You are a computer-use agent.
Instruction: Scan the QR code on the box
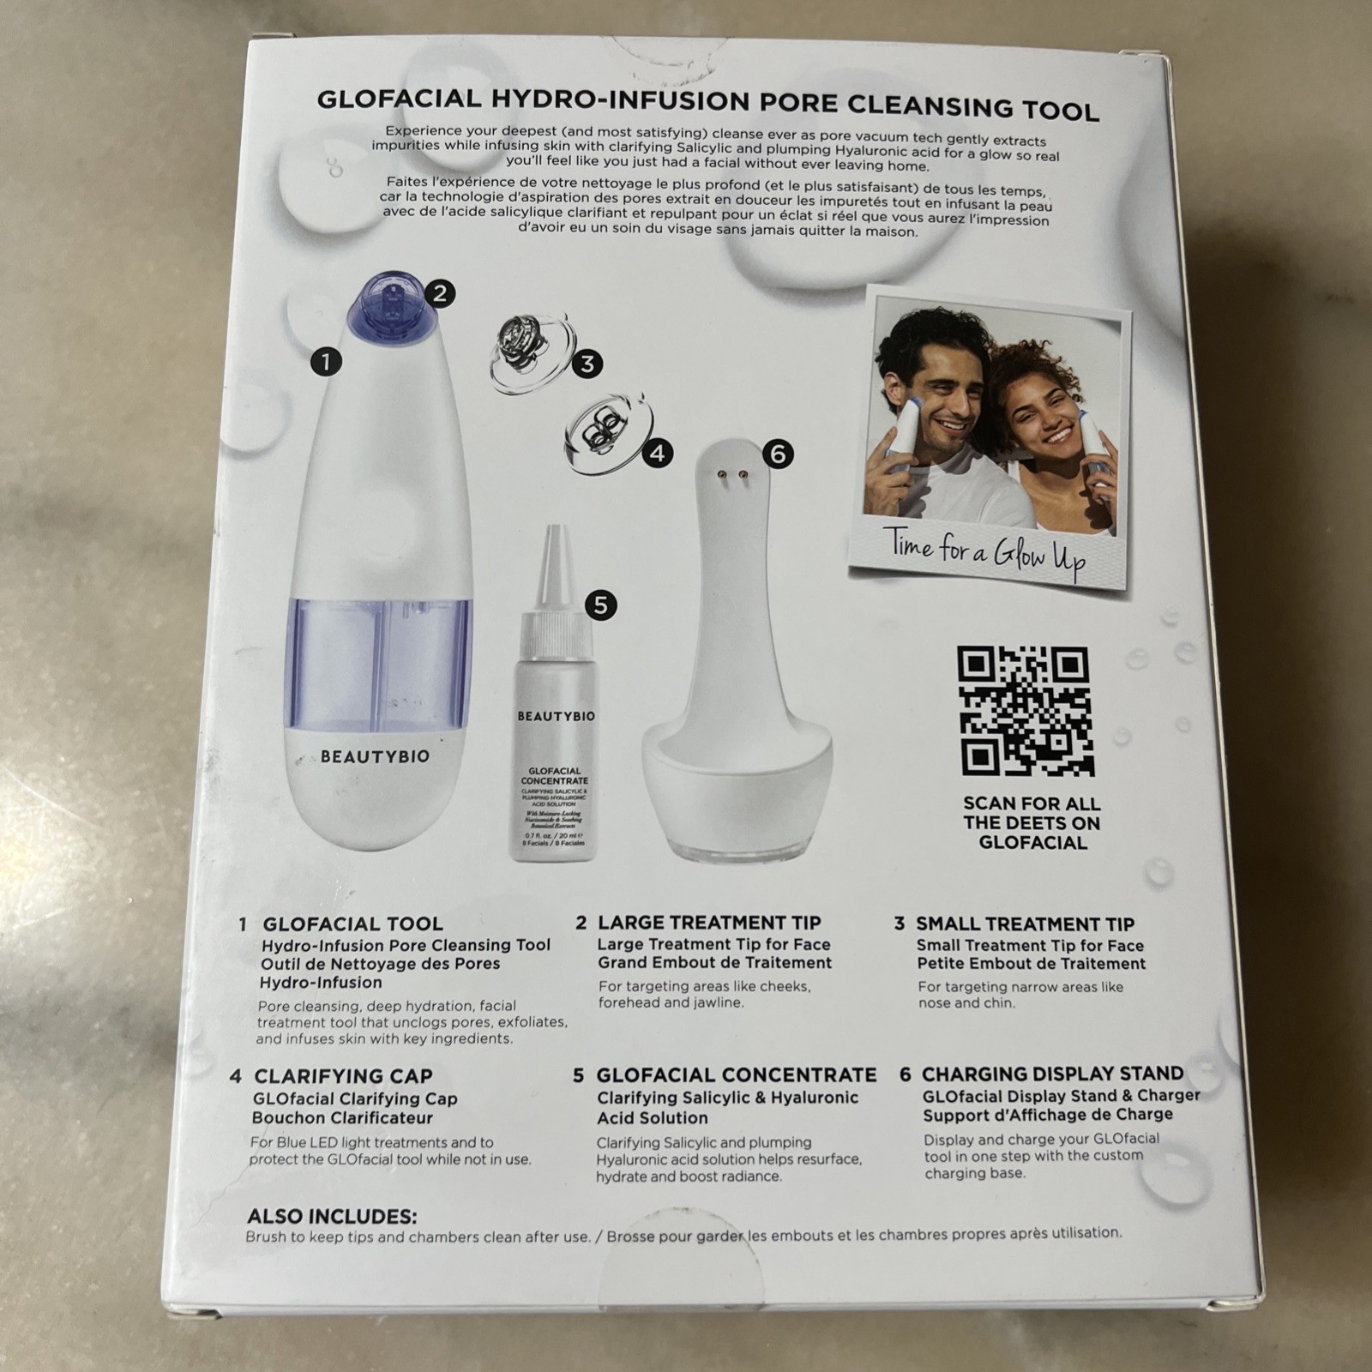point(1026,712)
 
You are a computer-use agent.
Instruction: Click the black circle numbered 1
point(326,361)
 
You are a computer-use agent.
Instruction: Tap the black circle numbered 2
point(439,294)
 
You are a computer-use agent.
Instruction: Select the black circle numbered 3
point(587,364)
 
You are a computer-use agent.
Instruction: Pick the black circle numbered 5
point(600,605)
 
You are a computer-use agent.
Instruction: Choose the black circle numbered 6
point(778,453)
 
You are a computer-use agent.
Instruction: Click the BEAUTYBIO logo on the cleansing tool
point(375,757)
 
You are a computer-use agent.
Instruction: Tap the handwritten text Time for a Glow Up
point(984,553)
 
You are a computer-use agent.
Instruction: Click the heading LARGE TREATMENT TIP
point(708,923)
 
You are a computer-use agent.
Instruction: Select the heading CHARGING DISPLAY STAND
point(1051,1074)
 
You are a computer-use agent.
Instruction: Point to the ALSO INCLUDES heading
point(332,1216)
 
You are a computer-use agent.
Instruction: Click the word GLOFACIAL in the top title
point(400,99)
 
